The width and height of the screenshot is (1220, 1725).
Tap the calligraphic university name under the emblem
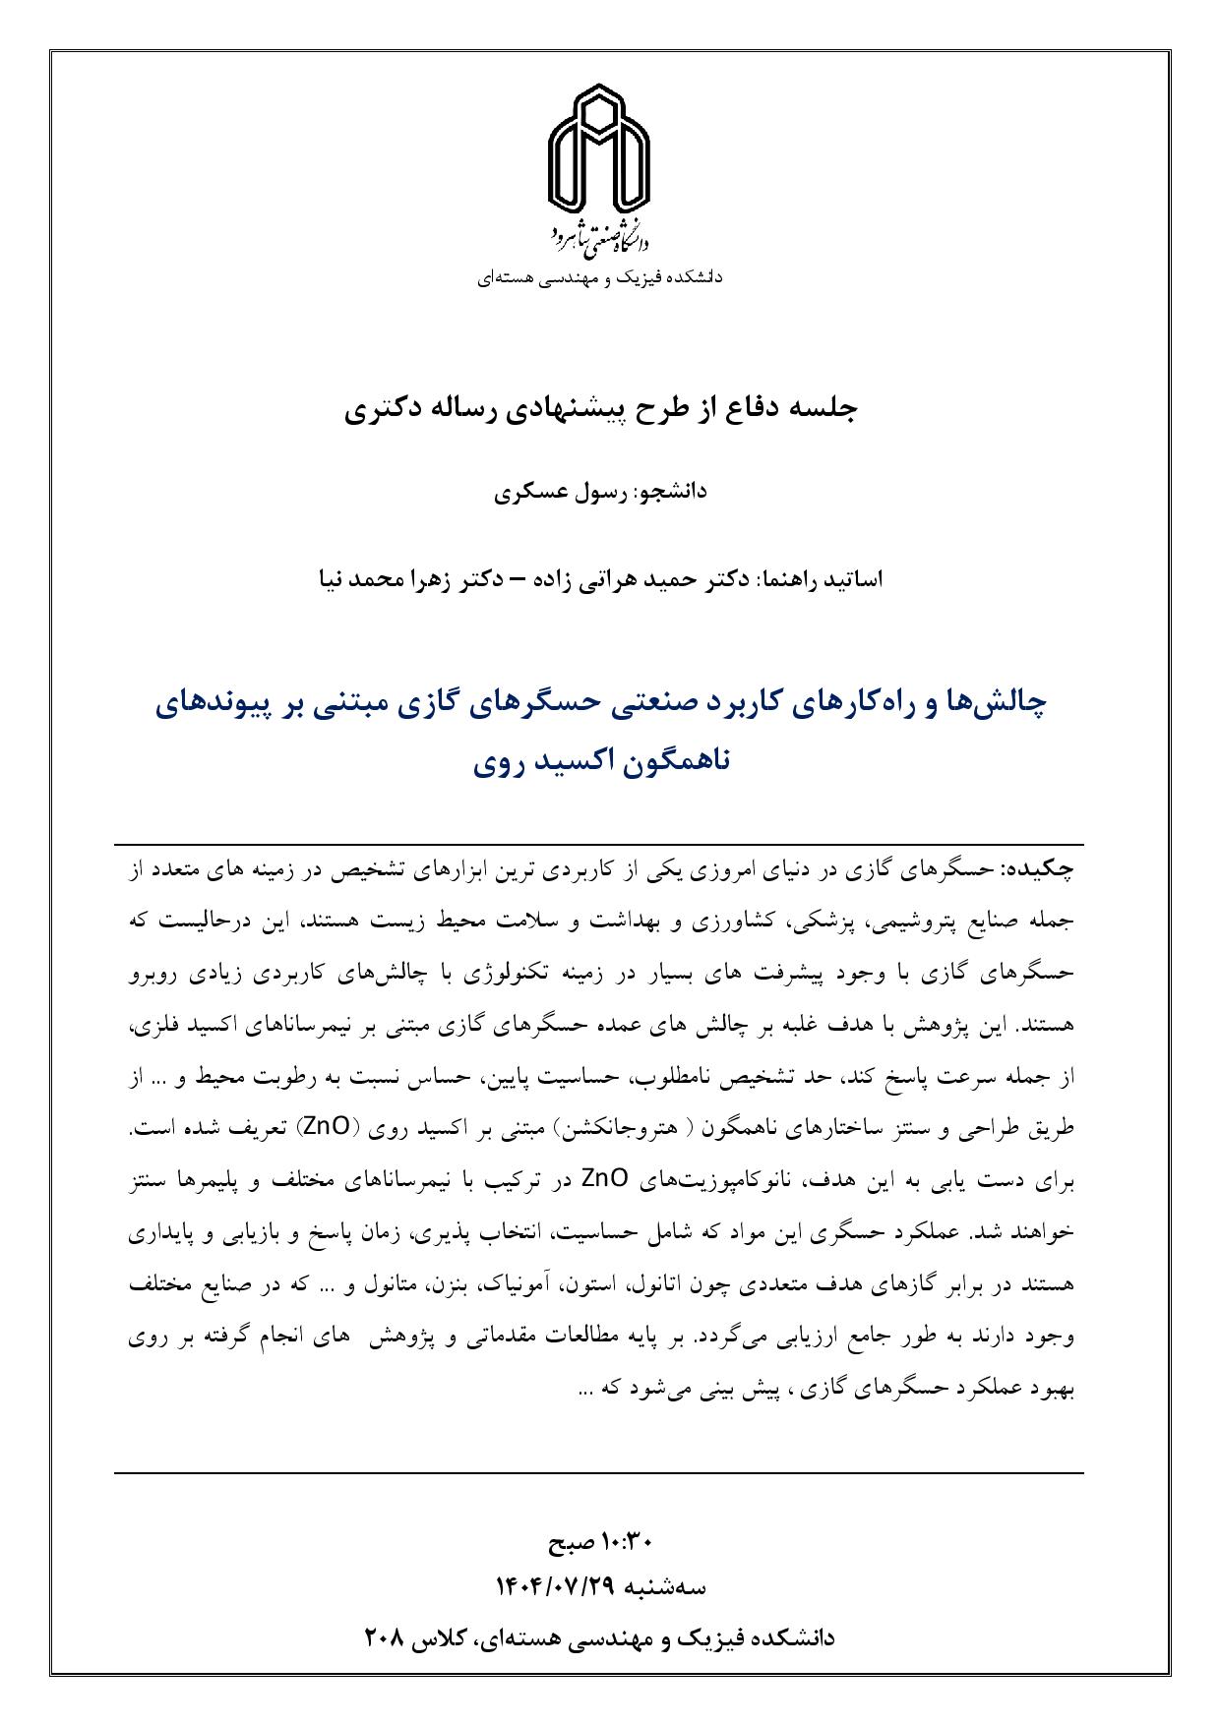click(600, 233)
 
